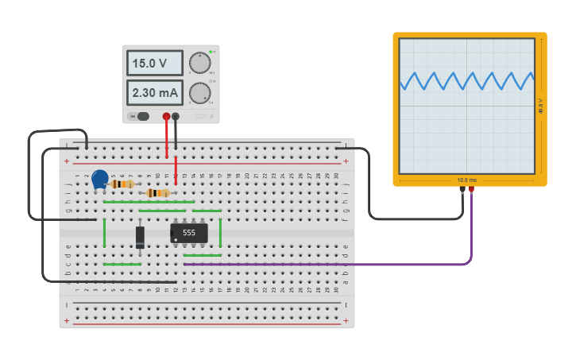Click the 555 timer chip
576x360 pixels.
(189, 233)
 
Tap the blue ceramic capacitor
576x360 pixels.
(100, 180)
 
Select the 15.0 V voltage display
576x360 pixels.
(155, 63)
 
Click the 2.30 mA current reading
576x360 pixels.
(155, 93)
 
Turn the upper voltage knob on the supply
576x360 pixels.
(199, 63)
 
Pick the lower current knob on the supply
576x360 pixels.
(199, 93)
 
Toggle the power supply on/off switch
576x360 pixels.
(139, 116)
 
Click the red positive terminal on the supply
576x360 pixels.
(166, 117)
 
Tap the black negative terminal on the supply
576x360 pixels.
(176, 117)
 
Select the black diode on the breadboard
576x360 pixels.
(140, 236)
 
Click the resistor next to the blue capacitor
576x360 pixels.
(122, 184)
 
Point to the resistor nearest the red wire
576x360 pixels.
(159, 192)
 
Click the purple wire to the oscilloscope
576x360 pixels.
(334, 264)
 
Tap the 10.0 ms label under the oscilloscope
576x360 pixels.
(467, 180)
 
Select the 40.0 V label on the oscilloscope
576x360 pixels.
(541, 105)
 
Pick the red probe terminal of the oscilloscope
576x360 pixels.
(471, 190)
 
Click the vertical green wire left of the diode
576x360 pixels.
(104, 233)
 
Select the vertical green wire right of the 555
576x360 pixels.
(220, 233)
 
